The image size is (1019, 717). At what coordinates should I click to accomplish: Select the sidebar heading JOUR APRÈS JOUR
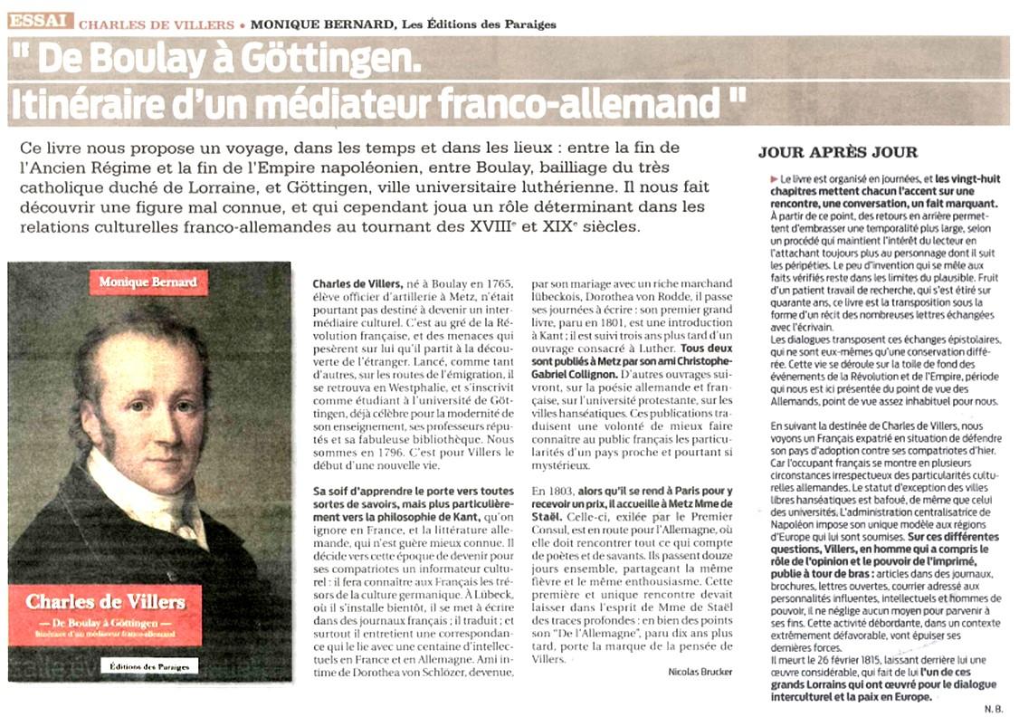[837, 152]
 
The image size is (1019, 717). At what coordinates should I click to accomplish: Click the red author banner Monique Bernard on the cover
[149, 282]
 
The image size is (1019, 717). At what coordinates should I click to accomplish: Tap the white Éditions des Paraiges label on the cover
[148, 666]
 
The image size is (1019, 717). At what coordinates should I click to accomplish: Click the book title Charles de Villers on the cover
[106, 601]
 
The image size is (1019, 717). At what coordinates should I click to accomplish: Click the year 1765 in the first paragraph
[498, 283]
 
